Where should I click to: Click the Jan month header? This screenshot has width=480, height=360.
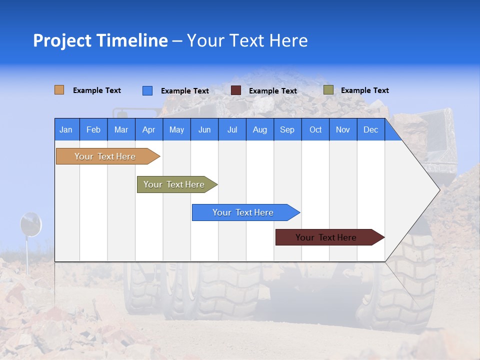66,129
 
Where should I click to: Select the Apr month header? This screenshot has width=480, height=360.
149,129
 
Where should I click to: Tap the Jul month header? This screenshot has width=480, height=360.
232,129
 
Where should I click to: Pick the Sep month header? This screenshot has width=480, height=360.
287,129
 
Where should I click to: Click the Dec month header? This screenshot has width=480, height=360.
370,129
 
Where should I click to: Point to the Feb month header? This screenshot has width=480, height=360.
93,129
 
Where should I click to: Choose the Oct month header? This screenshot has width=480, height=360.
315,129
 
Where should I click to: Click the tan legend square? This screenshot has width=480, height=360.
59,90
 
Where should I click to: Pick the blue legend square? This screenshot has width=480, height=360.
147,90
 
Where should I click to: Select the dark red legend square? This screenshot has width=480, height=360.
236,90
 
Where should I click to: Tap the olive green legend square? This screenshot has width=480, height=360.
328,90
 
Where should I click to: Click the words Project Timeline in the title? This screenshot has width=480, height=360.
100,40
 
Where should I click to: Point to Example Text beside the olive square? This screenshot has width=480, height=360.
364,90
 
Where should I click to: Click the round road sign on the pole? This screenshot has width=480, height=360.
30,223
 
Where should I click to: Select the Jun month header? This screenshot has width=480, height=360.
204,129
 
